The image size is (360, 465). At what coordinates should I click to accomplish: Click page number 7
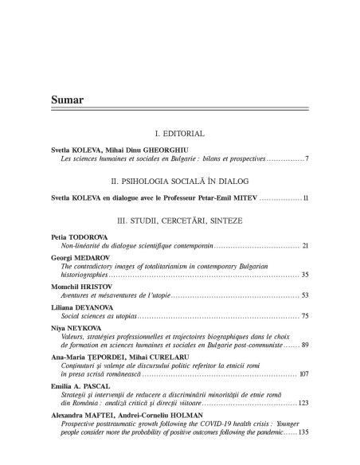pos(307,160)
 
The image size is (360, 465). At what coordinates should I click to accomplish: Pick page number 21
pos(305,248)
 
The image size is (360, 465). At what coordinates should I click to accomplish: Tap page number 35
pos(305,274)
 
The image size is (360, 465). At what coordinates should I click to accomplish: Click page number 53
pos(305,295)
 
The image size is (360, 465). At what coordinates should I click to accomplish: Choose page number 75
pos(305,316)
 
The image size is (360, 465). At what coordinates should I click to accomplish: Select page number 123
pos(303,403)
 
